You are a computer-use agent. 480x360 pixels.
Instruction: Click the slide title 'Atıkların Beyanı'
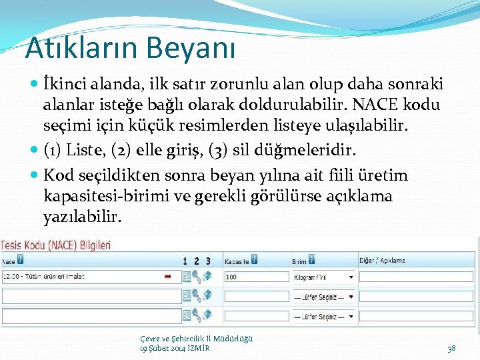coord(130,47)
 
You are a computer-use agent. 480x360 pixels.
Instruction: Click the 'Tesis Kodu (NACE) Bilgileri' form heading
coord(57,245)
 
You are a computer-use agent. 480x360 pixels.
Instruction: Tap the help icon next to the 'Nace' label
coord(21,260)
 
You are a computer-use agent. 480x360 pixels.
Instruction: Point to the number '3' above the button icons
coord(208,261)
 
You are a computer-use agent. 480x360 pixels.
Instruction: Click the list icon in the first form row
coord(187,276)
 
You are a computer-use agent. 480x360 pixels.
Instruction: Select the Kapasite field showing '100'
coord(256,276)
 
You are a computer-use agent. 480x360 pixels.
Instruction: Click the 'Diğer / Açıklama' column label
coord(383,261)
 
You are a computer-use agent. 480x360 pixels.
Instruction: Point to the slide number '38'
coord(451,348)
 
